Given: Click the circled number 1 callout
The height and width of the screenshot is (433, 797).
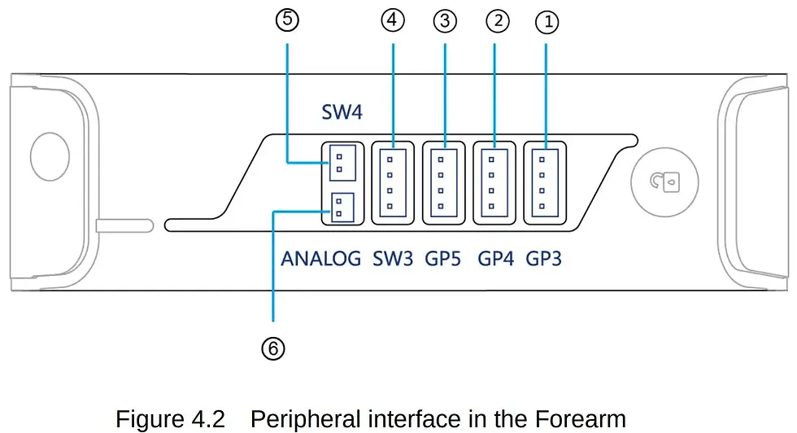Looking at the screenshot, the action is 547,23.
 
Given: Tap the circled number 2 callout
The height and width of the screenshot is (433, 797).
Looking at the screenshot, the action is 498,21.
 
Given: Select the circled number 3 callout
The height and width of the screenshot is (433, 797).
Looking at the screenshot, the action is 445,21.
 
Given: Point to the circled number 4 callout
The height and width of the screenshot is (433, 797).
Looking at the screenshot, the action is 392,20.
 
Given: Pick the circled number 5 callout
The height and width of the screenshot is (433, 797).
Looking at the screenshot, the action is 287,20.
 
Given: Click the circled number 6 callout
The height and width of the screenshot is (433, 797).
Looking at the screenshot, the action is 273,349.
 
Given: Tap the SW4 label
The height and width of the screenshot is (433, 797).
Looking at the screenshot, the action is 342,112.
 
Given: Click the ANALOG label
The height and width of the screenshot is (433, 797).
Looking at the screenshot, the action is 320,259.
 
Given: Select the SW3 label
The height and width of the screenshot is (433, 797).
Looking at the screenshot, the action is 393,259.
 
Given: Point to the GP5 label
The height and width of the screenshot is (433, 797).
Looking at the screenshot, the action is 442,259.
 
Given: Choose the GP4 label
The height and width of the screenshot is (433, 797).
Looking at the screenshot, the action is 495,259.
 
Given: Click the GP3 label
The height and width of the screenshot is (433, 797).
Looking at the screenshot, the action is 543,259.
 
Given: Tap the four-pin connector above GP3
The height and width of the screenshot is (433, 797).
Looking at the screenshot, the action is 545,183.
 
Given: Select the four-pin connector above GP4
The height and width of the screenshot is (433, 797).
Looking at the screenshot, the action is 494,183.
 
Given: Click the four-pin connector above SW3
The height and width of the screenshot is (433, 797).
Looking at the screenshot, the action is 393,183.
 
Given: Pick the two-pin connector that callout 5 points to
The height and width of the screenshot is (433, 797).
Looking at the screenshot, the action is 342,163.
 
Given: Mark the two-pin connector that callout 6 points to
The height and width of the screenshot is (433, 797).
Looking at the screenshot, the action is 342,207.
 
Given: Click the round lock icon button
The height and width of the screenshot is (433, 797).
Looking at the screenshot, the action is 665,182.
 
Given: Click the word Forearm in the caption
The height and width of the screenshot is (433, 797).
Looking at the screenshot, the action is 580,419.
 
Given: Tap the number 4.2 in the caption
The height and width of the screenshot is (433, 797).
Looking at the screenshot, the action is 208,419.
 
